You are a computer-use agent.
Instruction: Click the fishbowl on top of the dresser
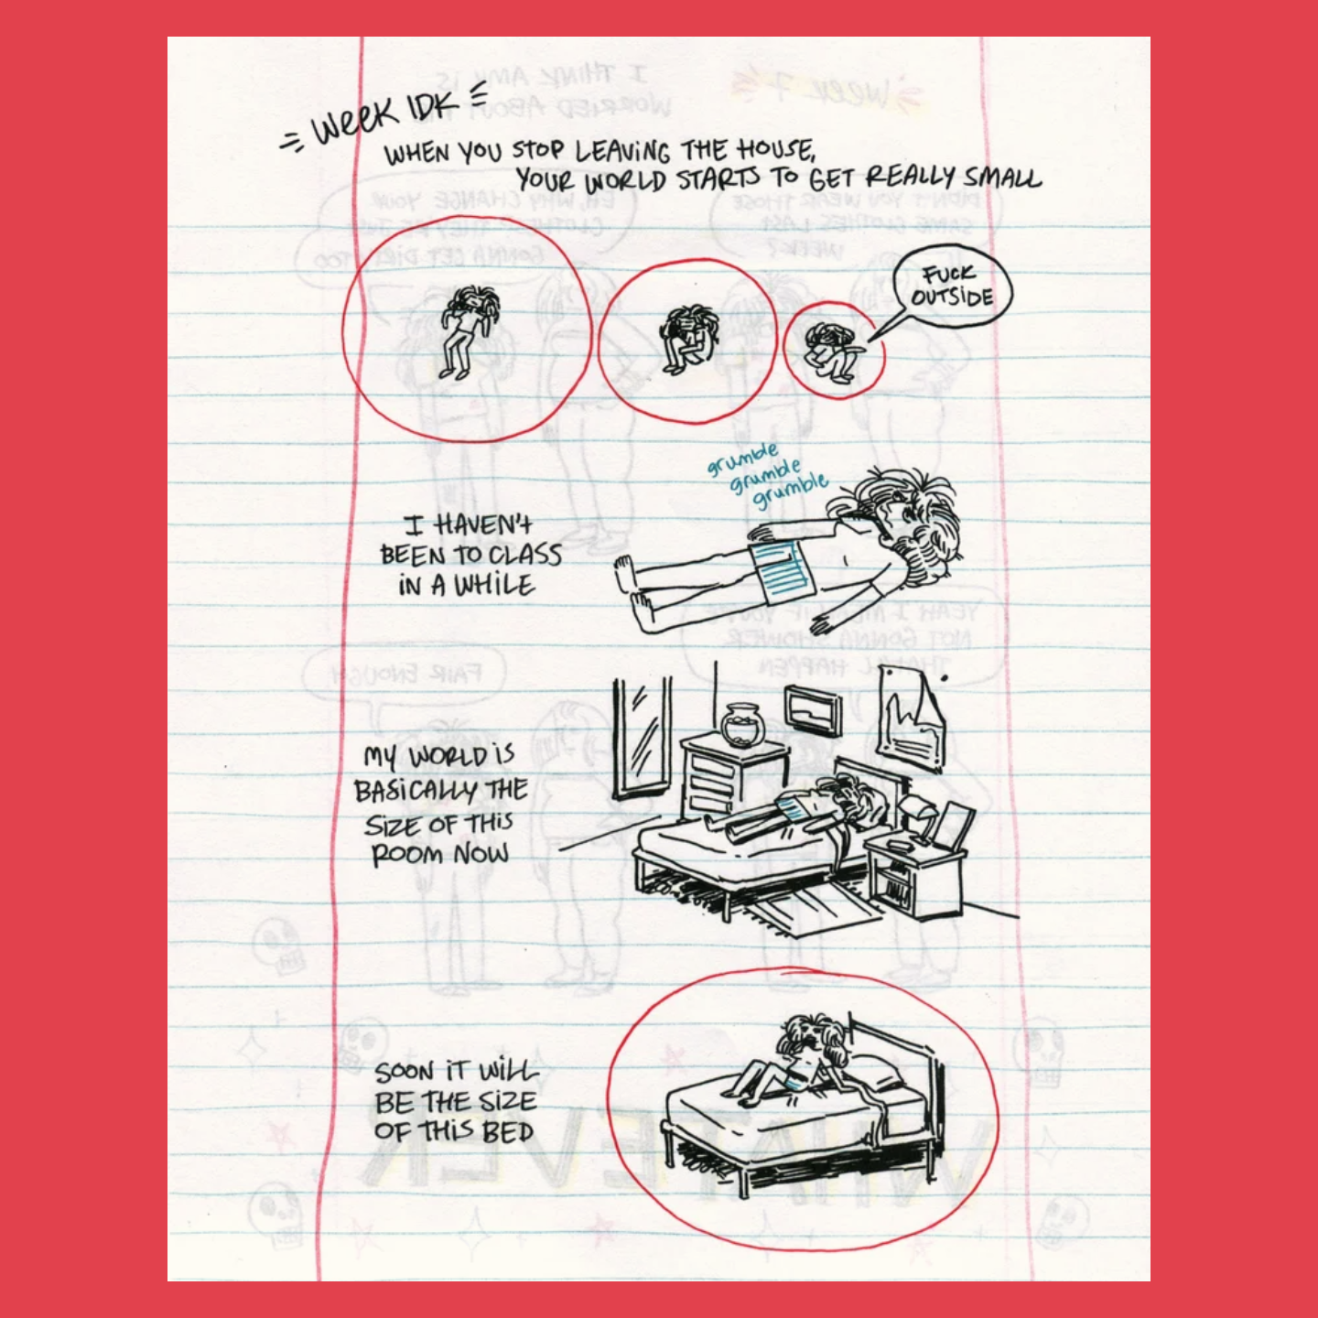tap(742, 727)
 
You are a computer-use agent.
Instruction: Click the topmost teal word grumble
tap(742, 458)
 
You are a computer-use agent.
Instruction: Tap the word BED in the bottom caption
tap(508, 1132)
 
